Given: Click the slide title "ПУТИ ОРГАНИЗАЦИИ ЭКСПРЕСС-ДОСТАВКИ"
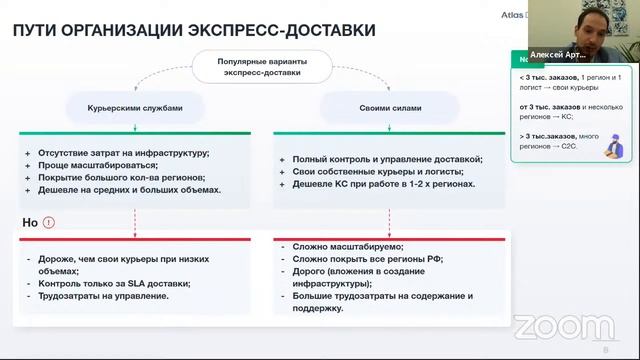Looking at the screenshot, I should (x=194, y=30).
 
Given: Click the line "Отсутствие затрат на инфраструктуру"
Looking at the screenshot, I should (x=124, y=152).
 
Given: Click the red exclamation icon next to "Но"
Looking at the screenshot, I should (x=50, y=222).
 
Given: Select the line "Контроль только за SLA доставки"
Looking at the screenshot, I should (x=114, y=283).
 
